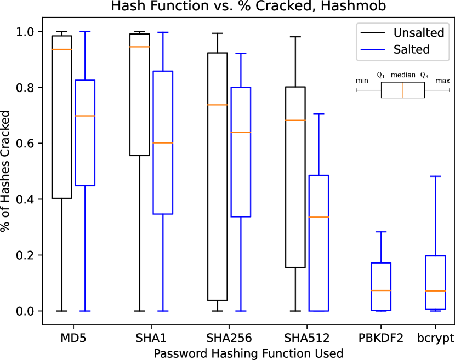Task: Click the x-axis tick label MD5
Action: point(73,338)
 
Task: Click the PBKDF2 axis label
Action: point(381,338)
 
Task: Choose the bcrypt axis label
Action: point(435,338)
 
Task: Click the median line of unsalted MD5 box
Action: point(62,49)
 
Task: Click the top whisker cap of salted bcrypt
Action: point(435,176)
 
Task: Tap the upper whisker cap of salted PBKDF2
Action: point(381,232)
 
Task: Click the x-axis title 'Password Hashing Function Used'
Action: point(249,353)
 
